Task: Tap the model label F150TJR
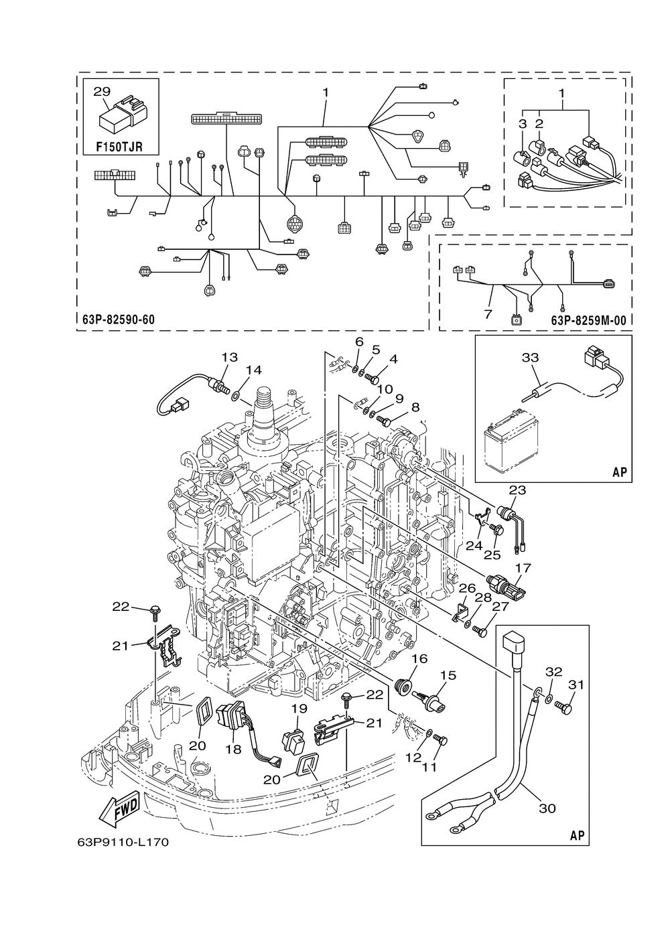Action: click(121, 145)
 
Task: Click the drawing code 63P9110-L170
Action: click(118, 842)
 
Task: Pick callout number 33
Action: click(530, 358)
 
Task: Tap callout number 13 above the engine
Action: click(229, 357)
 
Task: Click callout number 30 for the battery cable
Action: click(547, 808)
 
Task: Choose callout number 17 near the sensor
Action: click(523, 568)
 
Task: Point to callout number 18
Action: click(232, 750)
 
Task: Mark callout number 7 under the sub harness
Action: click(488, 313)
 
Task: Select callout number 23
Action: click(517, 490)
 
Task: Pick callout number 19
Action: click(299, 708)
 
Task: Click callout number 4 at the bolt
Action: click(393, 358)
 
